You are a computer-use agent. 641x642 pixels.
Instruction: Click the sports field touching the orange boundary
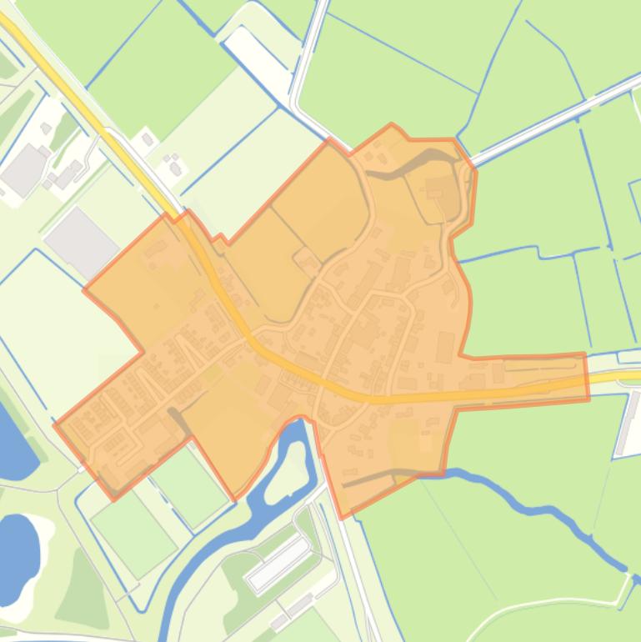tap(190, 486)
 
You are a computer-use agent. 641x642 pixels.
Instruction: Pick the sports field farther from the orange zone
tap(133, 534)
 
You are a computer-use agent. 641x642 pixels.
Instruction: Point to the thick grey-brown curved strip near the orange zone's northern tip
tap(417, 158)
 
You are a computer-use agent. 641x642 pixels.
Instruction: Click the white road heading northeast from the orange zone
tap(550, 117)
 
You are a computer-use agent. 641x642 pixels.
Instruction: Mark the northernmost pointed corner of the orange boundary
tap(392, 126)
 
